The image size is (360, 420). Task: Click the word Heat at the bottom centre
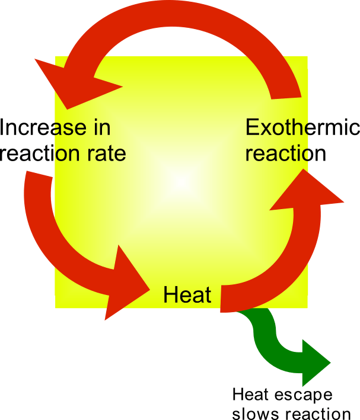tap(187, 294)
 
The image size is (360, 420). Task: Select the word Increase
tap(44, 127)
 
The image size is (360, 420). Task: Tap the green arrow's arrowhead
tap(314, 362)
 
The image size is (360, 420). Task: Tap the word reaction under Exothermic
tap(286, 153)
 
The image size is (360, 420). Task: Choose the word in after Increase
tap(100, 127)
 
